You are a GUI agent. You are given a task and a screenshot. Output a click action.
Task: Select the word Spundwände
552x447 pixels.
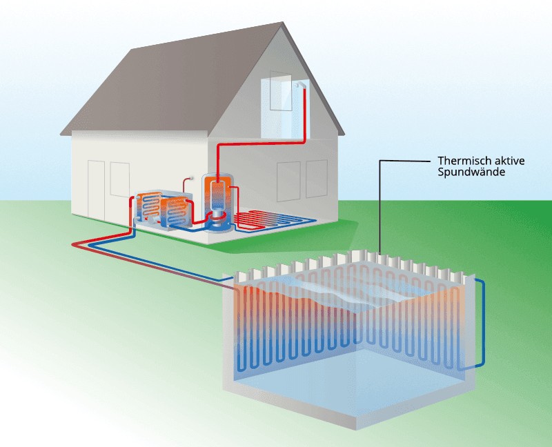coord(471,172)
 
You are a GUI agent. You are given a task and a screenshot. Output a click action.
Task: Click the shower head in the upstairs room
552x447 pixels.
coord(297,84)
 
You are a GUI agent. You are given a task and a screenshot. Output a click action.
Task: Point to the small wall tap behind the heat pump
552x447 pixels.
coord(191,178)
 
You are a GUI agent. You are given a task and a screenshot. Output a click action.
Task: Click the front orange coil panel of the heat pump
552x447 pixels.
coord(175,212)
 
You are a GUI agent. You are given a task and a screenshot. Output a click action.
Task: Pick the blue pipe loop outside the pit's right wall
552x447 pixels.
coord(480,322)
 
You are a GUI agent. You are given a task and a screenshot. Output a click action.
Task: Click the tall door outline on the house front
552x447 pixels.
coord(96,190)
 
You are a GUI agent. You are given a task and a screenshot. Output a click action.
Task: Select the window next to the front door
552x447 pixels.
coord(119,179)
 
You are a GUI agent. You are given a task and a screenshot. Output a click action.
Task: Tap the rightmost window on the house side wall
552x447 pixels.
coord(317,179)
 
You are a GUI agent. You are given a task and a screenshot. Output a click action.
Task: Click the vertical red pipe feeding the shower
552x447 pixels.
coord(304,113)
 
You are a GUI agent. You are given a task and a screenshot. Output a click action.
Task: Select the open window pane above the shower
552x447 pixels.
coord(281,91)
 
